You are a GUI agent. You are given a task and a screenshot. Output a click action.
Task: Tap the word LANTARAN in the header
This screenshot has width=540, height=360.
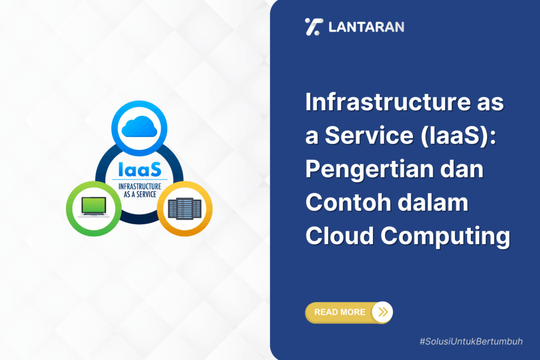[367, 27]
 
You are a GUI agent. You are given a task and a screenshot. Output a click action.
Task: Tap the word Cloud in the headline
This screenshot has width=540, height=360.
[340, 237]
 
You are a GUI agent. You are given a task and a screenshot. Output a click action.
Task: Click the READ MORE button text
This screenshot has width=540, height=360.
[340, 312]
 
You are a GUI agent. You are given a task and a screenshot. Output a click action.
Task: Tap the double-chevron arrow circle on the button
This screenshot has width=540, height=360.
[383, 312]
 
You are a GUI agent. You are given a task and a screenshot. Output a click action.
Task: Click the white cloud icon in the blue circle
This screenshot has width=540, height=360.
[139, 128]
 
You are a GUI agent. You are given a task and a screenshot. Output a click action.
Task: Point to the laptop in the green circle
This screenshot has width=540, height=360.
[94, 207]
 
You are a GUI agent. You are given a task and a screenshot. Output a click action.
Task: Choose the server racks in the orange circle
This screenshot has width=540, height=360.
[185, 208]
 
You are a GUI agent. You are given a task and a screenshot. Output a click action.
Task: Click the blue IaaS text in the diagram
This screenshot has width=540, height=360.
[139, 170]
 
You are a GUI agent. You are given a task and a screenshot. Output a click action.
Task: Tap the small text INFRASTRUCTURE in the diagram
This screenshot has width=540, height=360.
[139, 186]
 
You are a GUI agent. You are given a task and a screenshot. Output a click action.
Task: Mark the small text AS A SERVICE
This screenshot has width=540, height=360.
[139, 193]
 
